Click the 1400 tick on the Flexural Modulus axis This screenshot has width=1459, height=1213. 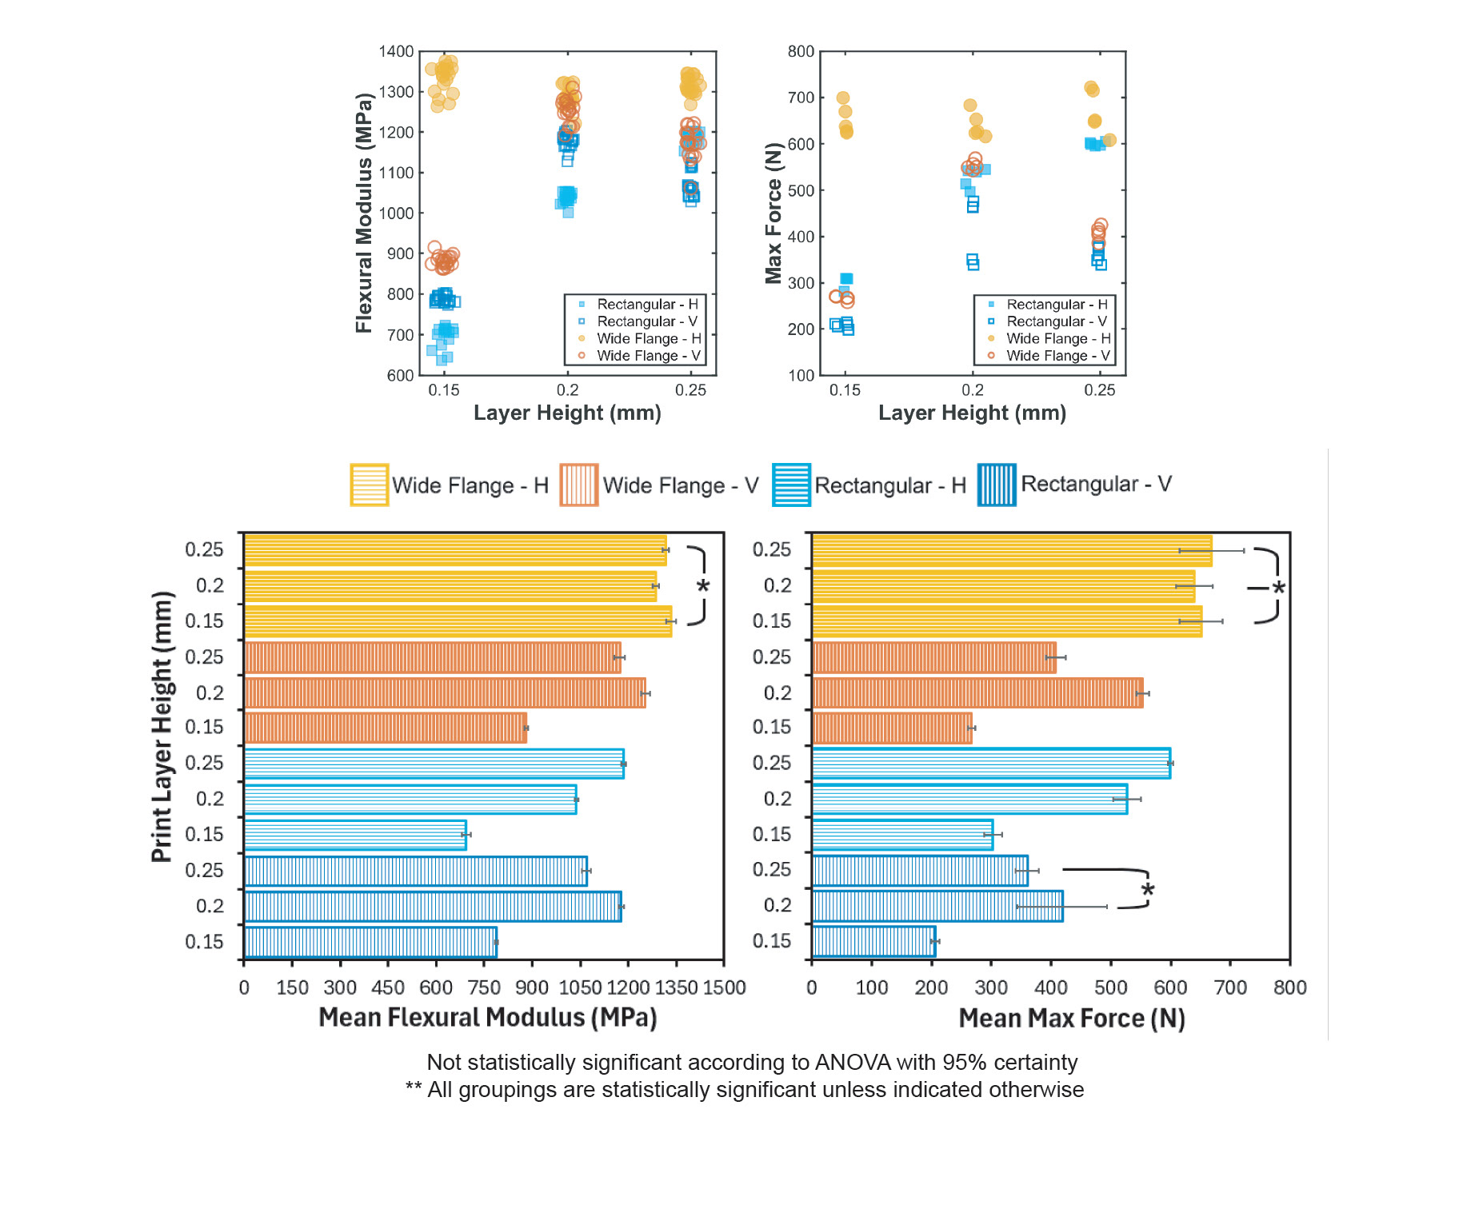396,52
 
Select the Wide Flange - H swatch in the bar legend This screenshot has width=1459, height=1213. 369,485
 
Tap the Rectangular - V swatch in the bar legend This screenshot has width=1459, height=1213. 996,485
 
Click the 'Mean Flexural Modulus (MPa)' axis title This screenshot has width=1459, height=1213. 487,1017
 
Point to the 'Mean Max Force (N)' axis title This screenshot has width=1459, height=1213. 1071,1018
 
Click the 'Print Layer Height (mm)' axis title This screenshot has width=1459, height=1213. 162,726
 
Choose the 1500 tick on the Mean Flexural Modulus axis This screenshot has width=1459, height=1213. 724,988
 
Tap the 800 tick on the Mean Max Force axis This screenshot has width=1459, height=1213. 1289,988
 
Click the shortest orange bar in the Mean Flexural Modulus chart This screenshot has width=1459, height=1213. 385,728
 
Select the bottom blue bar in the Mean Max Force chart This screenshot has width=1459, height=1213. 873,941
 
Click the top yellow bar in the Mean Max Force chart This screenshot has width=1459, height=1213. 1011,550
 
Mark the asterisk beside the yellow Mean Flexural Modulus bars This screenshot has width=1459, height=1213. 702,586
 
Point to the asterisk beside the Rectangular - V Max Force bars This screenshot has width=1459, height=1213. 1148,890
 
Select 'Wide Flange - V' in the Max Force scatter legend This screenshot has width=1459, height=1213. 1057,356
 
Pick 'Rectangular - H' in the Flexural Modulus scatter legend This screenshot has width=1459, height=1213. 647,305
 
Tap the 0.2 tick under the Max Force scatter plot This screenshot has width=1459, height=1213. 972,390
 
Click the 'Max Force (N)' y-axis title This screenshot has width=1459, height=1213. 773,213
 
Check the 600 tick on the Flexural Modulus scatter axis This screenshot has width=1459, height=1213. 400,376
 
